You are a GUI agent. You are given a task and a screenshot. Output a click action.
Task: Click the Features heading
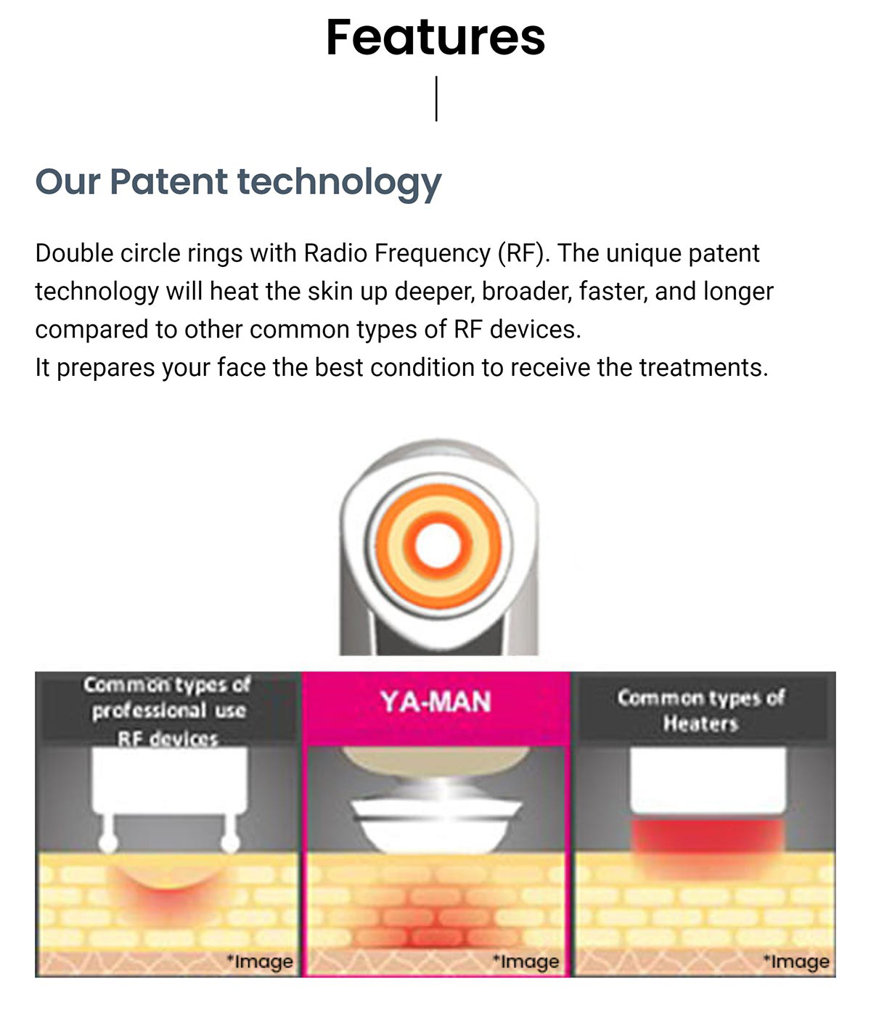pos(435,37)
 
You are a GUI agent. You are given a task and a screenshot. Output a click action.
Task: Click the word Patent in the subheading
pos(168,181)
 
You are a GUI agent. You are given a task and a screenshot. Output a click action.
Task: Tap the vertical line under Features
pos(436,99)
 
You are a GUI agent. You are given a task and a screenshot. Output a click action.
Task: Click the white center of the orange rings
pos(438,545)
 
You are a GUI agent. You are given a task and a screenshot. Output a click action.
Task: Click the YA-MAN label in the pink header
pos(435,702)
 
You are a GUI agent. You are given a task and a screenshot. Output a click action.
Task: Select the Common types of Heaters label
pos(700,710)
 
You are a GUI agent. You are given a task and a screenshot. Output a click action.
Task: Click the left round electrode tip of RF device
pos(108,843)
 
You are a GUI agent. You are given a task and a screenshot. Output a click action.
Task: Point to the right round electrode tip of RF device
pos(229,843)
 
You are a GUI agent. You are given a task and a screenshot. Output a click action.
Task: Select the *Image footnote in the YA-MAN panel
pos(526,962)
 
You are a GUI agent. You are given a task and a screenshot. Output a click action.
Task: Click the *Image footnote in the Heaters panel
pos(796,962)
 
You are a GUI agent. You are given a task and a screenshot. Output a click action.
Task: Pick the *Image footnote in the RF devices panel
pos(259,962)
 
